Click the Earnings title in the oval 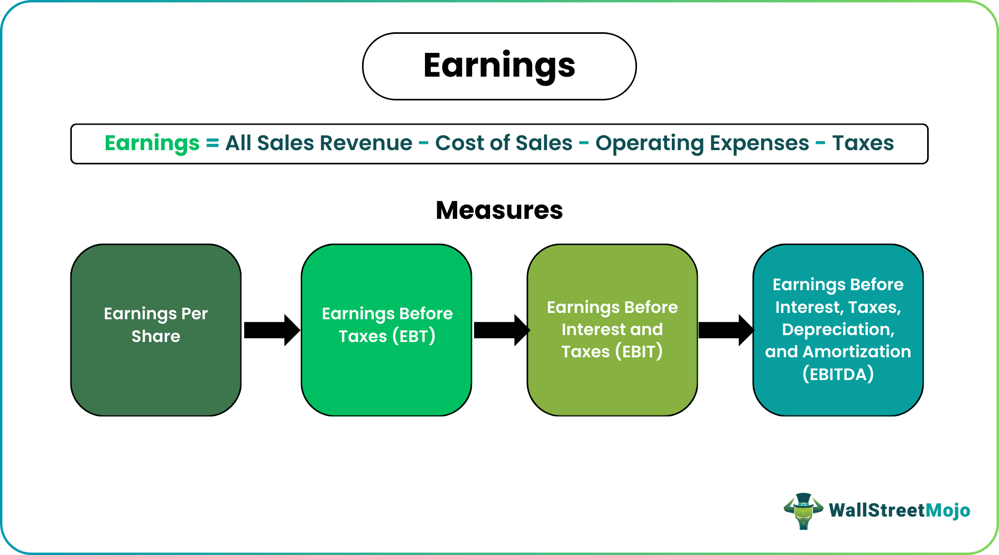(499, 66)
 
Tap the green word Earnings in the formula (152, 143)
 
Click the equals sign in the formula (212, 143)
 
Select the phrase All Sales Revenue (319, 143)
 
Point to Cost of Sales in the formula (504, 143)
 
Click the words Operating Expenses (702, 143)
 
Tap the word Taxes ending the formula (863, 143)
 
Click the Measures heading (499, 210)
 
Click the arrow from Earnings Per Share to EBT (271, 330)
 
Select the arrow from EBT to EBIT (501, 330)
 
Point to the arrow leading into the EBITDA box (726, 330)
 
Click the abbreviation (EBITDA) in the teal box (838, 374)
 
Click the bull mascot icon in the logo (803, 511)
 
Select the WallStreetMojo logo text (899, 511)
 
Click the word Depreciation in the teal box (838, 329)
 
